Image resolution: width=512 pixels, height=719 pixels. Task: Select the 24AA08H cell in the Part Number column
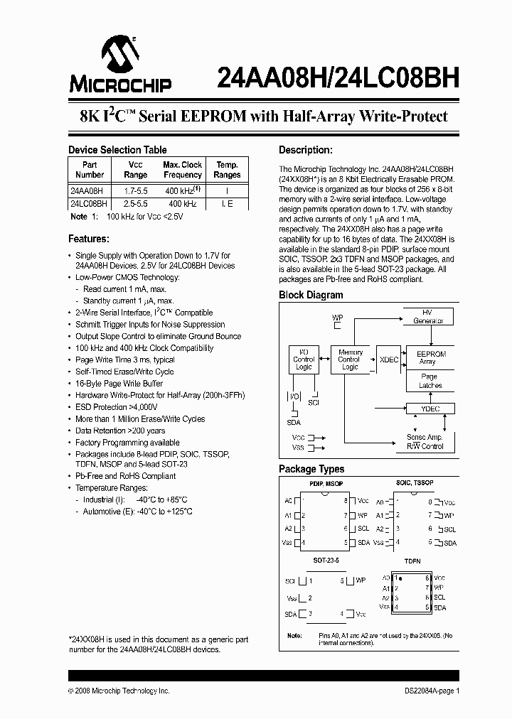(87, 191)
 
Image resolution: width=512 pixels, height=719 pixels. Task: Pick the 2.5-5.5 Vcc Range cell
(135, 204)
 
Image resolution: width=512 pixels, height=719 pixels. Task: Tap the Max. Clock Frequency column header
(182, 170)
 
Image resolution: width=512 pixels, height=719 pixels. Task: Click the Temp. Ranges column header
(227, 170)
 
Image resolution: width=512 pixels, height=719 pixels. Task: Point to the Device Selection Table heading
(117, 150)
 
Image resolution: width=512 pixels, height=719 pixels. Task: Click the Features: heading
(88, 239)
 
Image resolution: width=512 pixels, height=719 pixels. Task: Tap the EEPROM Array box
(431, 357)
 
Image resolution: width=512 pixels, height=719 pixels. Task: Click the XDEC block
(388, 360)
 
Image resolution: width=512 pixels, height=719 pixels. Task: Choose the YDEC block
(431, 409)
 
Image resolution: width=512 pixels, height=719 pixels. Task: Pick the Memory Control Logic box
(350, 359)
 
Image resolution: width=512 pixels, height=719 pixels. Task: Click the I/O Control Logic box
(303, 359)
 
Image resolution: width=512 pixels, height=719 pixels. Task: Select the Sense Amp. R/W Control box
(425, 442)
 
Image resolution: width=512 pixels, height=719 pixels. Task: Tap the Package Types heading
(311, 469)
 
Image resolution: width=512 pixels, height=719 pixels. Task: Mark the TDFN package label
(412, 561)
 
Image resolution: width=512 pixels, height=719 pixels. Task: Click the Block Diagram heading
(311, 295)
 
